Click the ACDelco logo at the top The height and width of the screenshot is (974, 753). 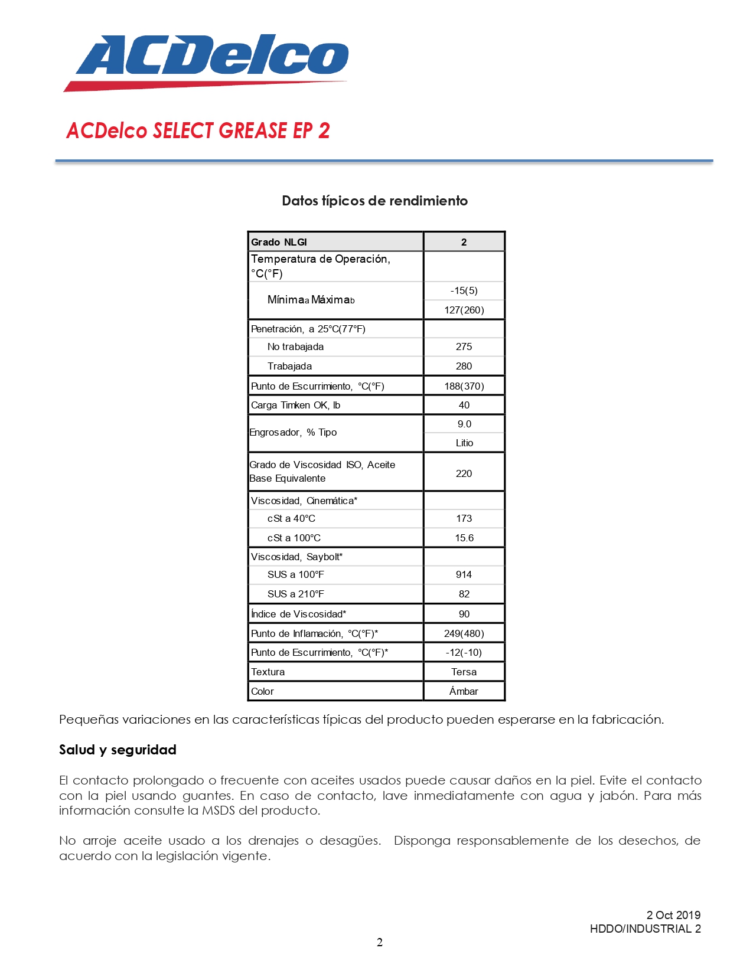(x=207, y=61)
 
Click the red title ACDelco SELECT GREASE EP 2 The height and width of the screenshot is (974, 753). (x=198, y=130)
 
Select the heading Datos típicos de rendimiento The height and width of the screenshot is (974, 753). (x=374, y=201)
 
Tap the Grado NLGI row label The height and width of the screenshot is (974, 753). (x=279, y=242)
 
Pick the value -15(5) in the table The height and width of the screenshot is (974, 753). (x=464, y=290)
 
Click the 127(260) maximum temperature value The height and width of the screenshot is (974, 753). (x=464, y=310)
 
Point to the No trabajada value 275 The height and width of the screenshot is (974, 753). (x=464, y=347)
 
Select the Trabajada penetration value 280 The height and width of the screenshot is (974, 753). (x=464, y=366)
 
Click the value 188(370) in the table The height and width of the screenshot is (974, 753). (x=464, y=386)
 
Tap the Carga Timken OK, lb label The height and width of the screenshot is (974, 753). (x=295, y=405)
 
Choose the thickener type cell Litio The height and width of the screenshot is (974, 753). (x=464, y=443)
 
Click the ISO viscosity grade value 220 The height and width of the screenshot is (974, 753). (x=464, y=473)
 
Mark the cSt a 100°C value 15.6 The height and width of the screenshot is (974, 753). (x=464, y=538)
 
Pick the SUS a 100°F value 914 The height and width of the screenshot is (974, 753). (x=464, y=574)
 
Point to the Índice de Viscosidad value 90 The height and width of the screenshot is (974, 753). (x=464, y=614)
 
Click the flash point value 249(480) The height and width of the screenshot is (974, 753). (x=464, y=633)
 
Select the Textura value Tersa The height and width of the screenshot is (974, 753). (x=464, y=672)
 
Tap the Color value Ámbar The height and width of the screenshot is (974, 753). (x=464, y=691)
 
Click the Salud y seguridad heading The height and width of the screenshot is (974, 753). (x=118, y=750)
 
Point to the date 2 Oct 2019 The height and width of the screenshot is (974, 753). (x=673, y=915)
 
